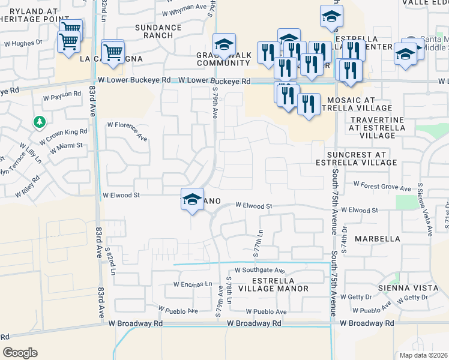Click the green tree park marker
pos(40,122)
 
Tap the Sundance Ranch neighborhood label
pos(158,31)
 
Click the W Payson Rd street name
pos(62,95)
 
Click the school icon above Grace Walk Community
pos(224,44)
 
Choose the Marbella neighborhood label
pos(377,238)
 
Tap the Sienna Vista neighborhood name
pos(402,288)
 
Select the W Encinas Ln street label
pos(193,284)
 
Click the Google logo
pos(20,353)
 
